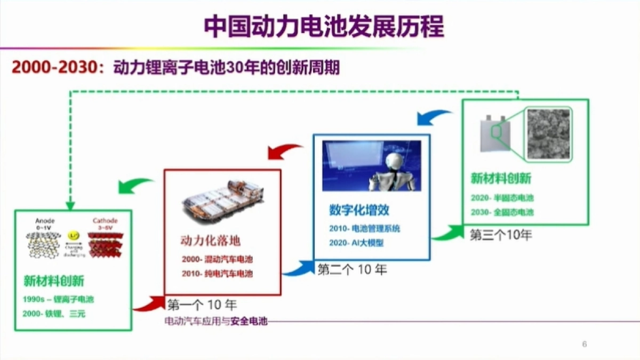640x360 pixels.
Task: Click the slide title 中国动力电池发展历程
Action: (x=324, y=27)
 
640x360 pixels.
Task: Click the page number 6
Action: (x=585, y=344)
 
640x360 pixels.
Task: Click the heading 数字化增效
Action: (x=359, y=210)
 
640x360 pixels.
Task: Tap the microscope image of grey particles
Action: (x=549, y=134)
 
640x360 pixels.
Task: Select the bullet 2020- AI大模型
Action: (x=357, y=243)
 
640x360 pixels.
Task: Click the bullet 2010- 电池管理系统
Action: (x=364, y=228)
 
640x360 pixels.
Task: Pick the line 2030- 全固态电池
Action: (x=502, y=212)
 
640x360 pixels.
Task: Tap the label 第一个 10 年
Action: (x=202, y=305)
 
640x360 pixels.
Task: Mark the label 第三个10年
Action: (x=501, y=235)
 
